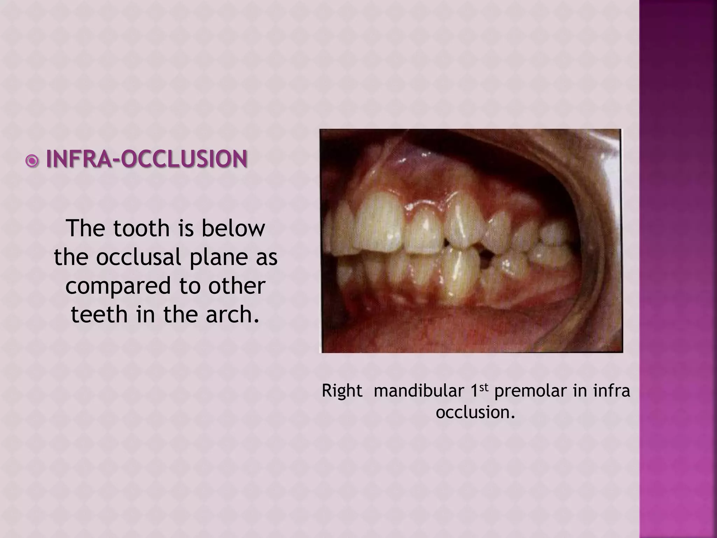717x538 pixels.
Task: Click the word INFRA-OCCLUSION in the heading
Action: point(147,159)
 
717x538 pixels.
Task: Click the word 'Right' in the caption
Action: point(342,391)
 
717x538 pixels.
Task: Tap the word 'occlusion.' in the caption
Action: point(475,412)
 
